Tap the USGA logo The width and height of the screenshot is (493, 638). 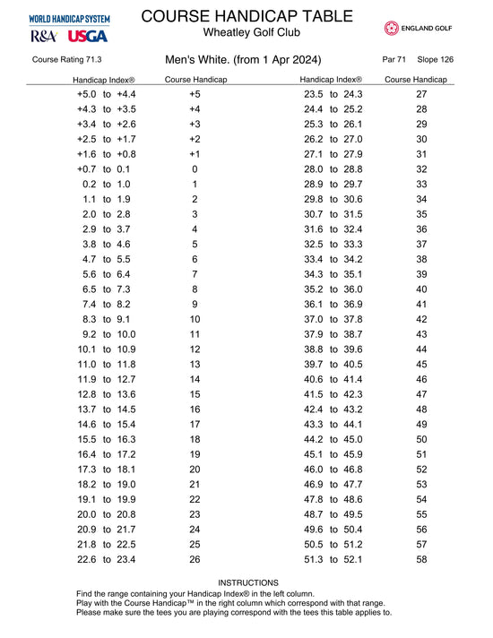tap(87, 37)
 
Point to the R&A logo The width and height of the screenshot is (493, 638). tap(44, 37)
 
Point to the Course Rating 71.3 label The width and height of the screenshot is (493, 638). tap(66, 60)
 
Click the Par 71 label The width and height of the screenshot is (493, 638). tap(394, 60)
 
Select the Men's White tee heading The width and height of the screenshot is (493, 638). tap(243, 60)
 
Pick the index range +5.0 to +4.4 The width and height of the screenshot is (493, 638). tap(106, 94)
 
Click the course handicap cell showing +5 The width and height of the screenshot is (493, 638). tap(195, 94)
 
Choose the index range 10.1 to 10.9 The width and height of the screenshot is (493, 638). tap(106, 349)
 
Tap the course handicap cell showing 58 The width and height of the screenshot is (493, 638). tap(422, 560)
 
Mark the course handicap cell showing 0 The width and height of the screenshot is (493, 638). tap(195, 168)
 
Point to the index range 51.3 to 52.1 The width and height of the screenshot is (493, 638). tap(333, 560)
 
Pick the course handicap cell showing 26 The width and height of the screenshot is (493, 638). tap(195, 560)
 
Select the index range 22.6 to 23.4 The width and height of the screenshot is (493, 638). tap(106, 560)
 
